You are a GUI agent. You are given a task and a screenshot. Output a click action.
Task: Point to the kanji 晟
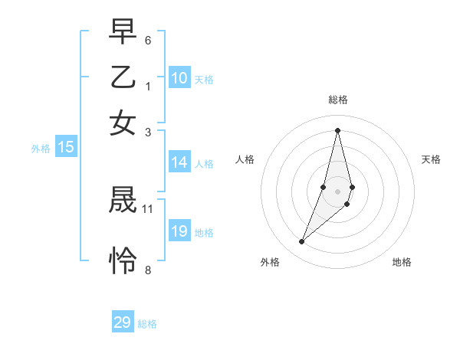click(x=123, y=201)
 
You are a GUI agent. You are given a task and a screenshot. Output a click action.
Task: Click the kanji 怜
click(x=123, y=260)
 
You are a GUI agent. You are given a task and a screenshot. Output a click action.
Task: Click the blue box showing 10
click(x=179, y=78)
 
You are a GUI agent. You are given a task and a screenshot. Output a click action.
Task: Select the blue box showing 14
click(x=179, y=162)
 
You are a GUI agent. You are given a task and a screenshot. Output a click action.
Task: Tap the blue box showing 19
click(x=179, y=231)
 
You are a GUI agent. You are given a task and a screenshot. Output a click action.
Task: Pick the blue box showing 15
click(x=66, y=148)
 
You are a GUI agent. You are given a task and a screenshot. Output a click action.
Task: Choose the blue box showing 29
click(x=123, y=322)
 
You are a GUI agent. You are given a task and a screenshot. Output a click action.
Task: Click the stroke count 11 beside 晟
click(x=148, y=208)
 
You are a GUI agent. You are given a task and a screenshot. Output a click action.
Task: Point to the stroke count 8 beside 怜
click(x=148, y=270)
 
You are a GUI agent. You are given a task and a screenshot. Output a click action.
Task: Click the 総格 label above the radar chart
click(x=338, y=100)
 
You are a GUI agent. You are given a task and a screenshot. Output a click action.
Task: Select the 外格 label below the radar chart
click(x=270, y=263)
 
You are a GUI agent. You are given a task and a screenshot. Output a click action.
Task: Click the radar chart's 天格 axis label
click(x=431, y=159)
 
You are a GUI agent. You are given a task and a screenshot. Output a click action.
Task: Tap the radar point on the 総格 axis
click(x=338, y=130)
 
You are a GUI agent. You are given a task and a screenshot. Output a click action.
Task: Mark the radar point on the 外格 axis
click(x=302, y=242)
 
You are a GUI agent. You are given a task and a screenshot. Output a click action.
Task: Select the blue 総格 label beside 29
click(x=148, y=324)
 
